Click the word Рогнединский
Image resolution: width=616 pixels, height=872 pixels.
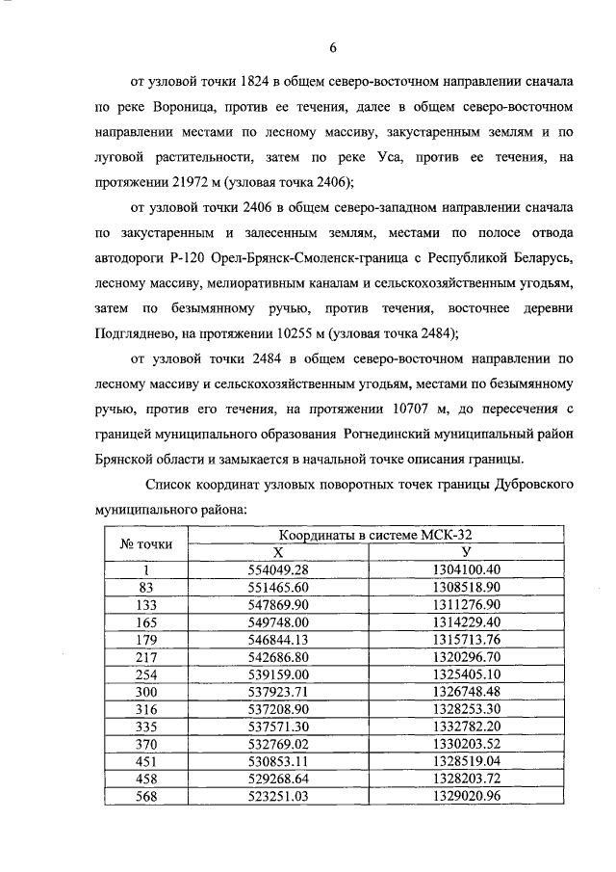pos(403,433)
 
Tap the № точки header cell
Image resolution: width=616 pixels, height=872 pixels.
pos(146,543)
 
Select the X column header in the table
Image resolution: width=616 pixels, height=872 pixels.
pos(277,552)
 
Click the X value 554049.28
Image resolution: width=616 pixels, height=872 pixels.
pos(277,568)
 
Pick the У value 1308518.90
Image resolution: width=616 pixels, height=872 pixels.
pos(466,585)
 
